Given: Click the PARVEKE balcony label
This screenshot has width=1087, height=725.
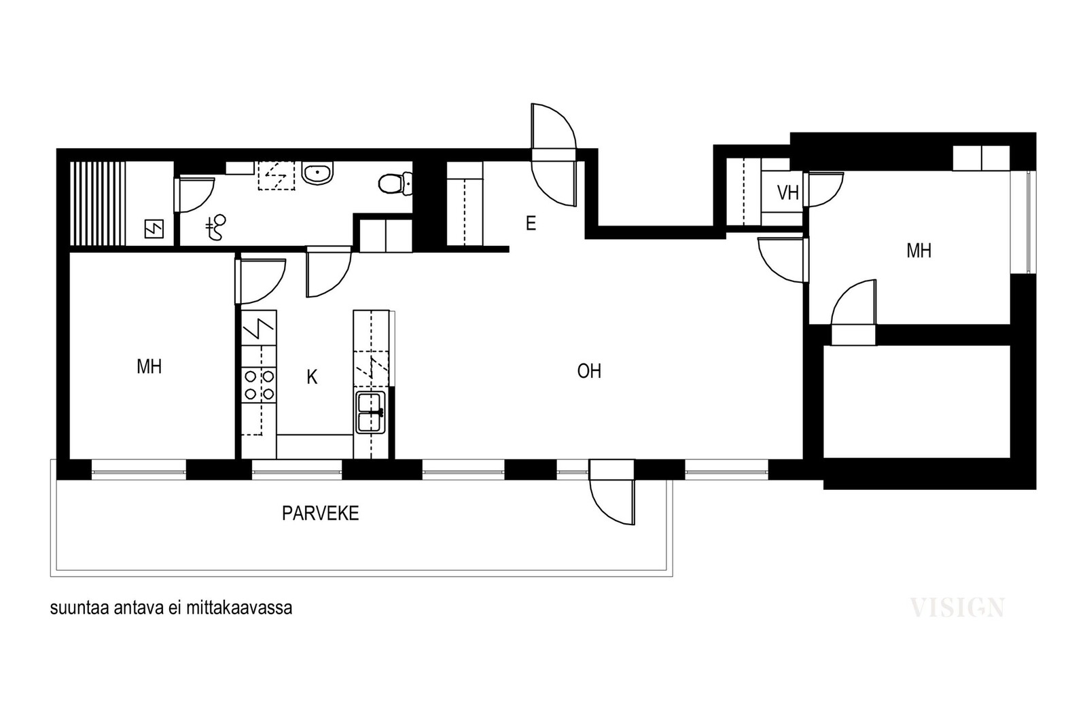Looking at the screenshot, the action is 320,514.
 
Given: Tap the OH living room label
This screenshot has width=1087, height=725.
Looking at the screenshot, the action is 589,371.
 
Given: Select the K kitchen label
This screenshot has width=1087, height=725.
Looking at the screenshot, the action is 312,377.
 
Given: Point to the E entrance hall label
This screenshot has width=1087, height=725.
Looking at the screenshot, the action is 531,224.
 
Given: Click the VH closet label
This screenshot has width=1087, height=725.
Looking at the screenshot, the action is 788,193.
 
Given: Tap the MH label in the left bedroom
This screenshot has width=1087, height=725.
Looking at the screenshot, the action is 149,367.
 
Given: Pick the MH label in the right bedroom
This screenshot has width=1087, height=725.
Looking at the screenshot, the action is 919,251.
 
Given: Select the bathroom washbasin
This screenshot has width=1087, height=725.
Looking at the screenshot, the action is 318,173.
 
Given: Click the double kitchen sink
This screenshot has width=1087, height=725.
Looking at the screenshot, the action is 371,412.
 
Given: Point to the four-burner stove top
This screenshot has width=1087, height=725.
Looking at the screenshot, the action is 259,385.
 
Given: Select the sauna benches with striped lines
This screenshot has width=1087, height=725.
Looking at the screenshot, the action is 98,203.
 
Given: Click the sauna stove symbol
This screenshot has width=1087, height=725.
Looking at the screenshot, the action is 154,229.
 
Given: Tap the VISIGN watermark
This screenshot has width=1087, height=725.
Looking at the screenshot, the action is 957,607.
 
